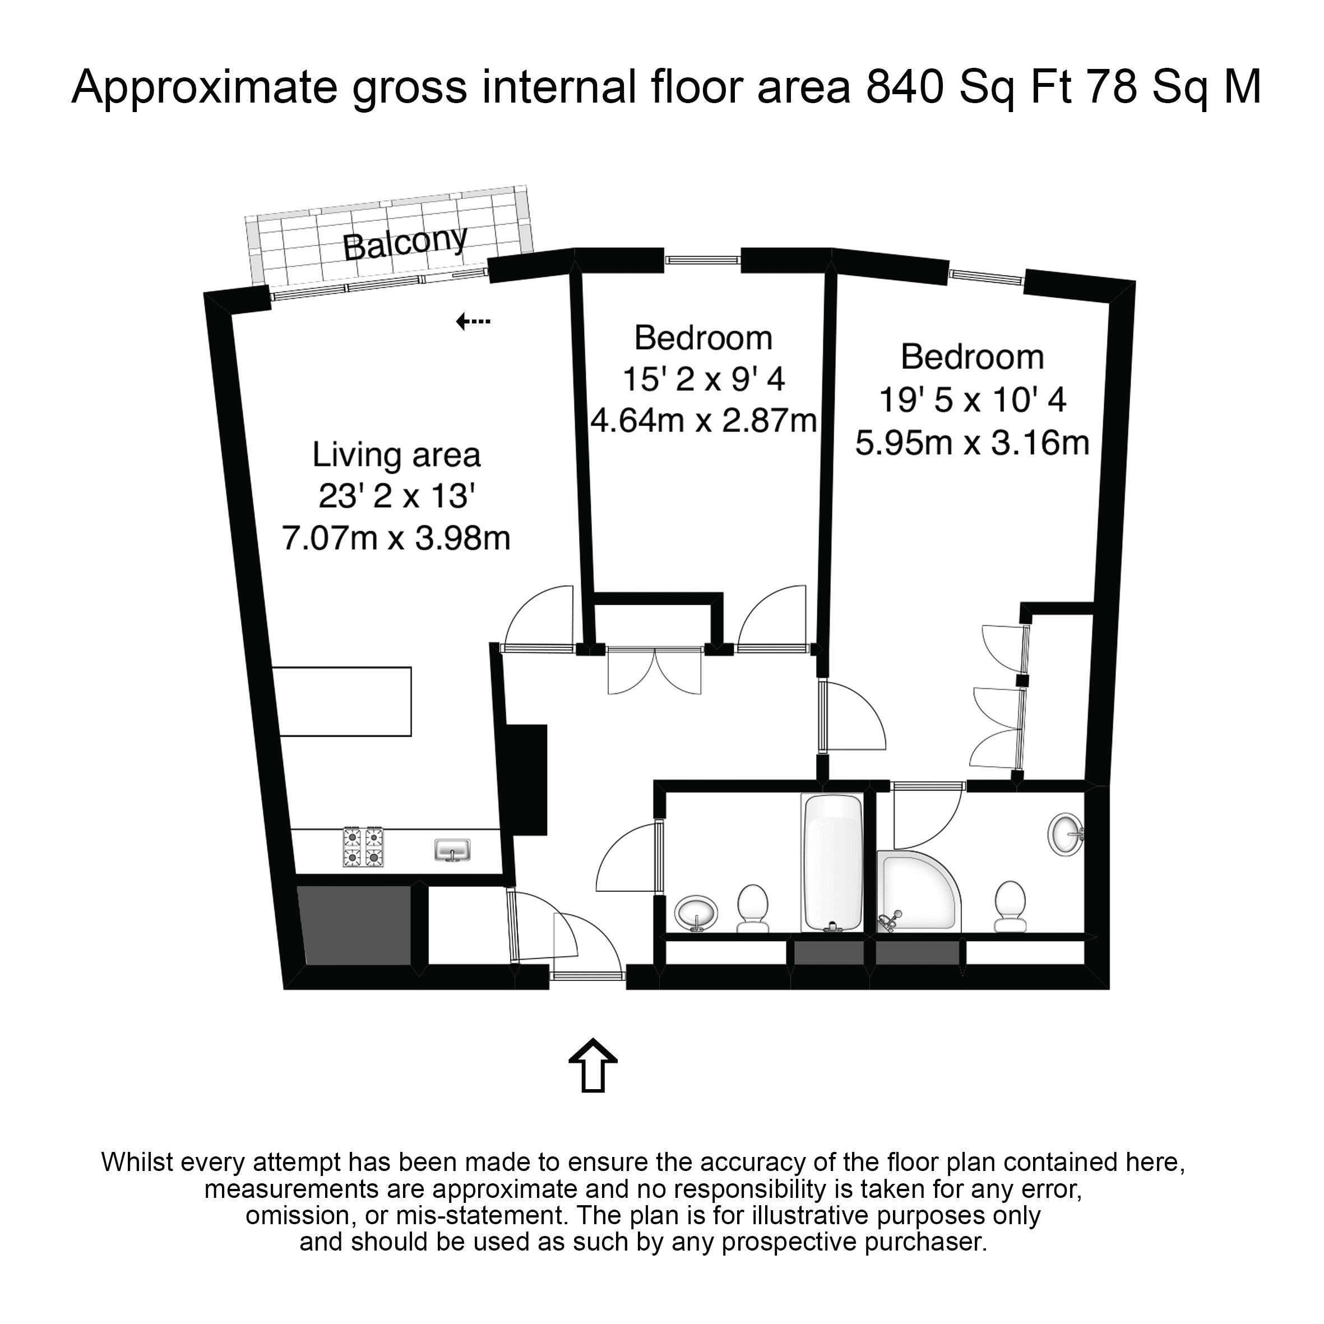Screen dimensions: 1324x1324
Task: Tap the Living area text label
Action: click(396, 456)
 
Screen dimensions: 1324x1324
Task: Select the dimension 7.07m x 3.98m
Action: click(396, 539)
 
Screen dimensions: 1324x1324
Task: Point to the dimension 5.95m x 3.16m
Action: click(972, 443)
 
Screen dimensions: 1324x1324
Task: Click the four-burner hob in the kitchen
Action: click(363, 847)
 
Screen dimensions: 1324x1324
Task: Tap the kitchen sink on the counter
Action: click(452, 850)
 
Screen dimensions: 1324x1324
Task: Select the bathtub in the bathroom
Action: click(832, 863)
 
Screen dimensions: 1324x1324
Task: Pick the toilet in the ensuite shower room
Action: click(1010, 906)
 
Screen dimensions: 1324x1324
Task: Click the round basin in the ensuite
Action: click(1066, 834)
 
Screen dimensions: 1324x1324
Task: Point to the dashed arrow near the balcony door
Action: click(473, 321)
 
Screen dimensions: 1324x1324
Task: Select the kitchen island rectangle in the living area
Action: click(345, 701)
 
